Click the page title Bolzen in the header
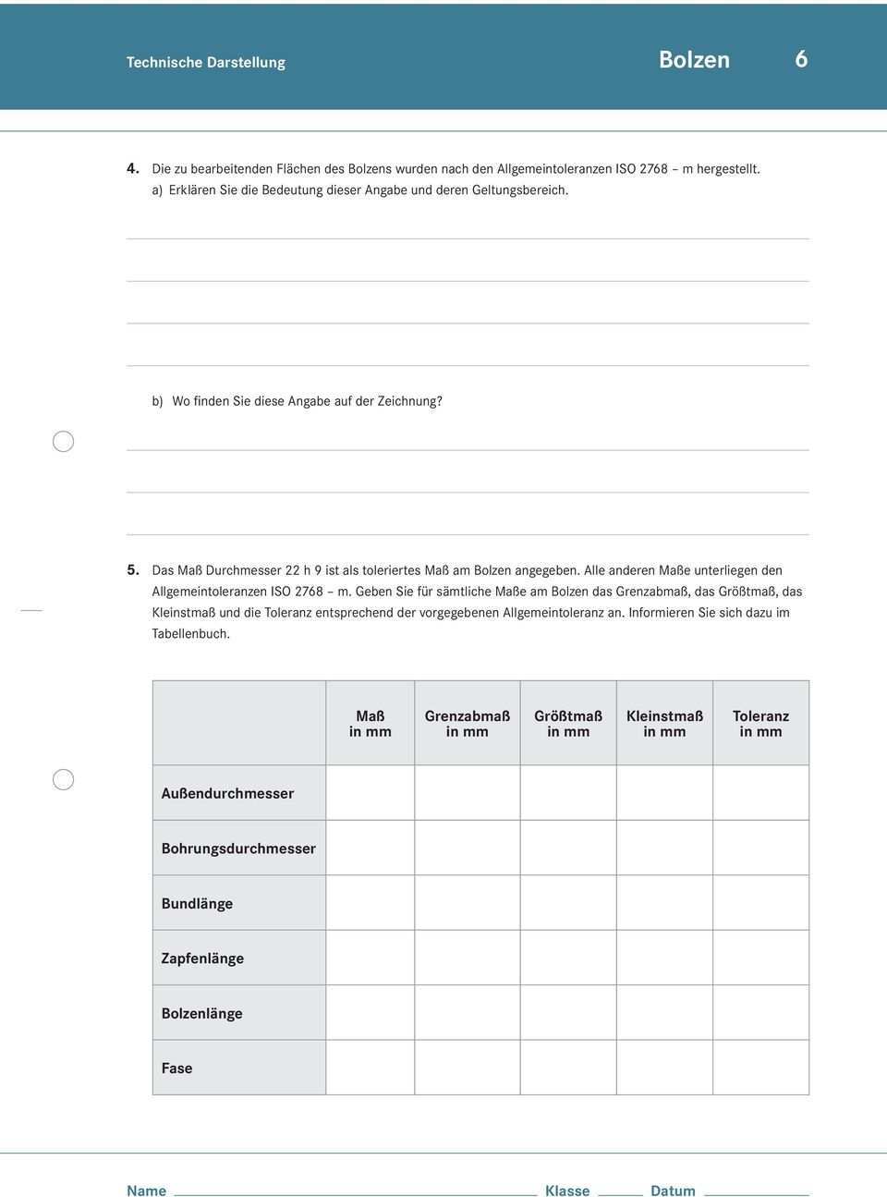(694, 60)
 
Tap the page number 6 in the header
(801, 59)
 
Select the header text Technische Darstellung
(206, 63)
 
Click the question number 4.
(133, 169)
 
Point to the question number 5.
(133, 570)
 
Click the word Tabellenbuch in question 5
(191, 634)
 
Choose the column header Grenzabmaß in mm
(468, 724)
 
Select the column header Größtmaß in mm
(568, 724)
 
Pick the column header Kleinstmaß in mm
(664, 724)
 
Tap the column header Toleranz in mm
(760, 724)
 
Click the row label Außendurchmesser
(227, 793)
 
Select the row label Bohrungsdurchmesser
(238, 849)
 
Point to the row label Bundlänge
(197, 904)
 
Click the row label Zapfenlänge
(202, 959)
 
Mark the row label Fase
(176, 1069)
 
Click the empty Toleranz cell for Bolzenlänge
(760, 1013)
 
